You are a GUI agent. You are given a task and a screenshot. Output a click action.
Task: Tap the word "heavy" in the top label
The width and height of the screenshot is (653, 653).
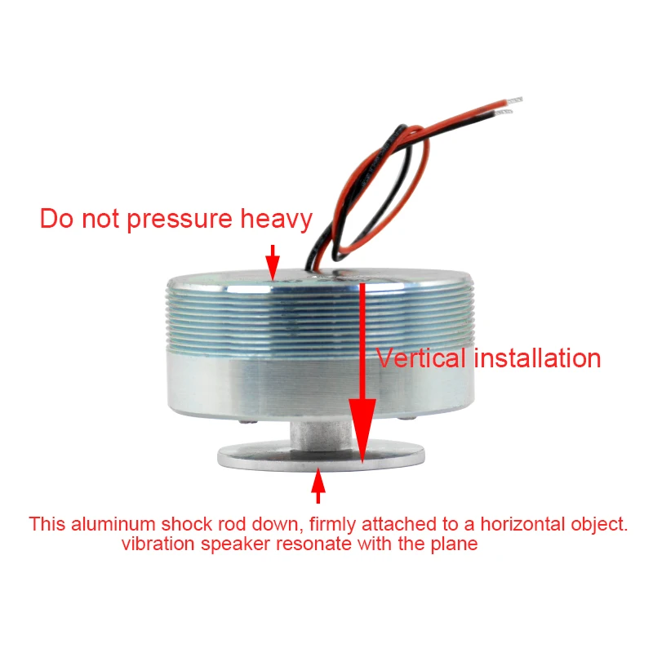275,220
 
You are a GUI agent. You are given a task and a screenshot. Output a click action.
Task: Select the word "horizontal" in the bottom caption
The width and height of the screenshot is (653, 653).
524,524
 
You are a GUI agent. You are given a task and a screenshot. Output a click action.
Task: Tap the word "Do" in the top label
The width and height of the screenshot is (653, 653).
55,220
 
